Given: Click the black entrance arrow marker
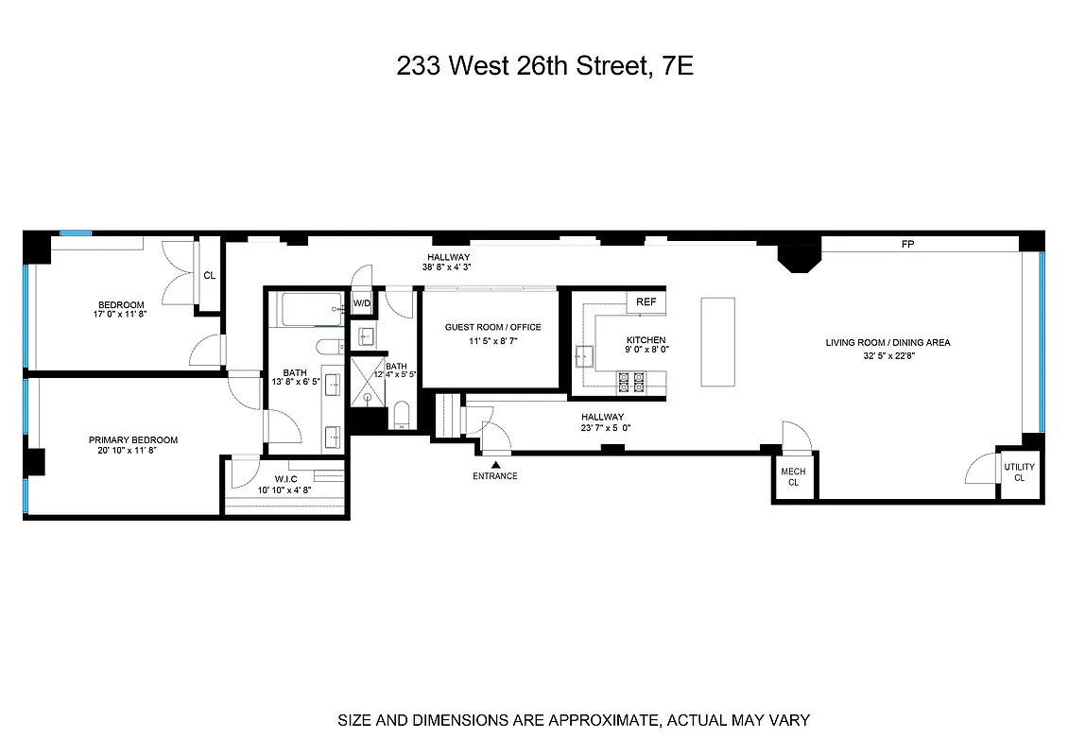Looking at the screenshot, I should pyautogui.click(x=495, y=463).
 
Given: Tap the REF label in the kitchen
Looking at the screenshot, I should pyautogui.click(x=646, y=301).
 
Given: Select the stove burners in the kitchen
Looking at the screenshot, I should pyautogui.click(x=630, y=381).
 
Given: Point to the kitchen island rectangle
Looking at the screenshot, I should pyautogui.click(x=717, y=341).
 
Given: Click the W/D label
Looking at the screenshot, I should pyautogui.click(x=362, y=303).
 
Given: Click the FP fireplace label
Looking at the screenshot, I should pyautogui.click(x=908, y=245).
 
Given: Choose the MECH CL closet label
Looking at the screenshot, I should pyautogui.click(x=793, y=476).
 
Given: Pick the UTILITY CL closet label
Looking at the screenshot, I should pyautogui.click(x=1019, y=472).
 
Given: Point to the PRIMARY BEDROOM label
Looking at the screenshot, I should pyautogui.click(x=133, y=440).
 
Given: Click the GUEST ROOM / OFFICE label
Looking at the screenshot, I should pyautogui.click(x=492, y=327).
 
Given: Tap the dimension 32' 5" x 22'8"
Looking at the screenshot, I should pyautogui.click(x=887, y=355).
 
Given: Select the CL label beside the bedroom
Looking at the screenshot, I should pyautogui.click(x=209, y=276).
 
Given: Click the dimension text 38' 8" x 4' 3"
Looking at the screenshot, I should pyautogui.click(x=448, y=267).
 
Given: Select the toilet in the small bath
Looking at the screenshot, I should pyautogui.click(x=400, y=416).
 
